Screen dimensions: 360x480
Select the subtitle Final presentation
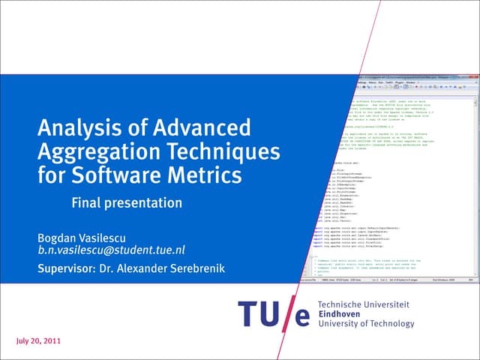click(x=127, y=202)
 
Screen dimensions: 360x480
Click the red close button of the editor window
click(x=475, y=76)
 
